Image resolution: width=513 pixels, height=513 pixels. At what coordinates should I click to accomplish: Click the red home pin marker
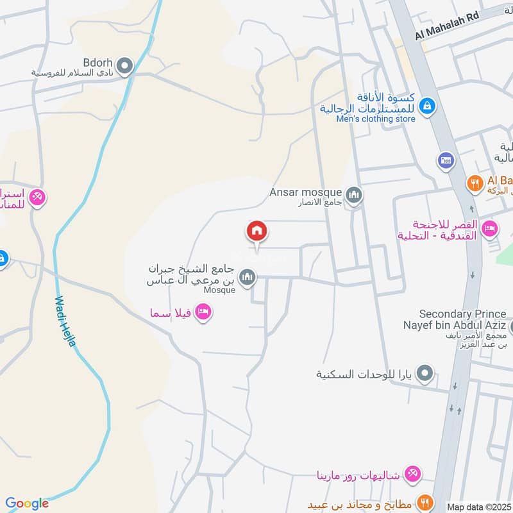(256, 231)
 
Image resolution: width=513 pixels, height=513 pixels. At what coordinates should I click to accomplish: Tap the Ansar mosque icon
(353, 194)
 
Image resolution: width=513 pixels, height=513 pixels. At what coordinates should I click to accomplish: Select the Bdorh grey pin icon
(125, 65)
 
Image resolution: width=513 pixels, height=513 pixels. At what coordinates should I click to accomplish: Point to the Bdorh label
(97, 63)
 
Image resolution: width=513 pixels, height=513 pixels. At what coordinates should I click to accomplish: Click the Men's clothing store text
(376, 119)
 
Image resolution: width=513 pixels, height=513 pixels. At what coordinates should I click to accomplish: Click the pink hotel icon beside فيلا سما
(203, 312)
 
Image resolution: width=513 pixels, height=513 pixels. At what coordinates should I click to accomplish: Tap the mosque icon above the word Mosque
(247, 277)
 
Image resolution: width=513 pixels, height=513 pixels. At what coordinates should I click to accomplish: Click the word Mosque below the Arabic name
(220, 290)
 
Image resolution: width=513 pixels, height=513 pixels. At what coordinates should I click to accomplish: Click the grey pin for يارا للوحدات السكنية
(425, 373)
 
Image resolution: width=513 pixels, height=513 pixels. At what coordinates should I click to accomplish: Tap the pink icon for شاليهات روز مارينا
(414, 475)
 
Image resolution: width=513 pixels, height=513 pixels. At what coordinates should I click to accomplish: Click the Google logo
(27, 503)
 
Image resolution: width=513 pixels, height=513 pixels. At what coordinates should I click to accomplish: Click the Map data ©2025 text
(478, 507)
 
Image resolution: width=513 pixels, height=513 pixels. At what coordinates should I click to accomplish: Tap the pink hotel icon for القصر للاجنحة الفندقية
(491, 228)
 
